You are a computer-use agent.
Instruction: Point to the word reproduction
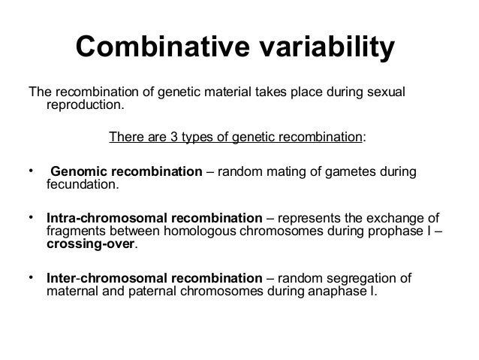pos(83,106)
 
